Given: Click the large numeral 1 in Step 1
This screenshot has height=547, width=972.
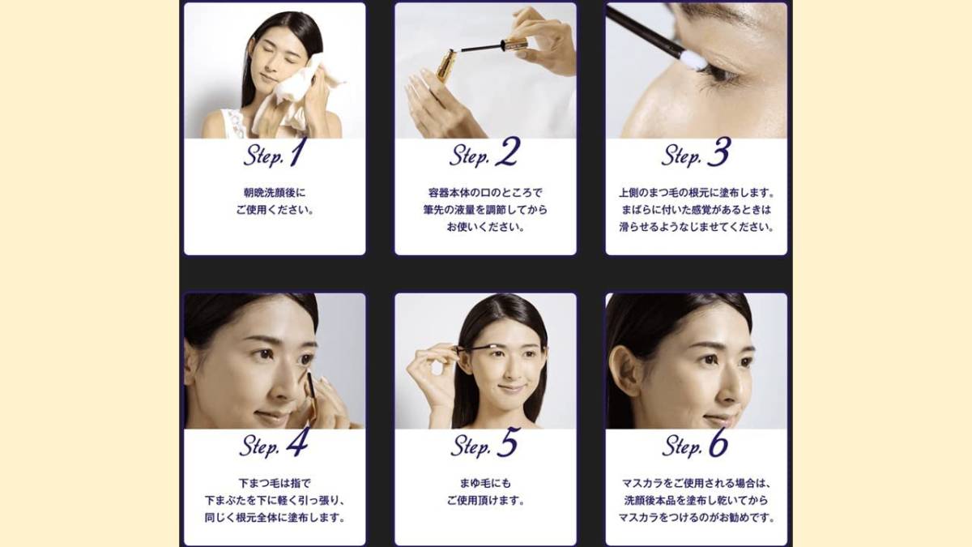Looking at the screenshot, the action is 296,152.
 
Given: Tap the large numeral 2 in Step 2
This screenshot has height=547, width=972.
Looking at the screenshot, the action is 508,152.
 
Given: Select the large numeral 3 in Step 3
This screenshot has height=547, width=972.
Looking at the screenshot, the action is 719,152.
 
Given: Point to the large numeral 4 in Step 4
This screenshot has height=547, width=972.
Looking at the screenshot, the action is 298,442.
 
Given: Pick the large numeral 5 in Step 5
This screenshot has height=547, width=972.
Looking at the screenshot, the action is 508,442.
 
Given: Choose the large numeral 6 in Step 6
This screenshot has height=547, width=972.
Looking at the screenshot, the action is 718,442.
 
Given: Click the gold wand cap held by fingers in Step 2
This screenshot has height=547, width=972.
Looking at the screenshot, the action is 514,44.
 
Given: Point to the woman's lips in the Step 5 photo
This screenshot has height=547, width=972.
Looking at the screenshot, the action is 511,387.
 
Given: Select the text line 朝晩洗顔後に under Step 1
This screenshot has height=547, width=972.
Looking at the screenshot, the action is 275,192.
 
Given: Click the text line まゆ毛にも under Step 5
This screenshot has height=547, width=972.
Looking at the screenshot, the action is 485,483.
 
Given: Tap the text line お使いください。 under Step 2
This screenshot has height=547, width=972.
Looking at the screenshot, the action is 485,227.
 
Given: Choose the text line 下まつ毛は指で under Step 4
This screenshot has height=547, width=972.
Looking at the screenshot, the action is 275,483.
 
